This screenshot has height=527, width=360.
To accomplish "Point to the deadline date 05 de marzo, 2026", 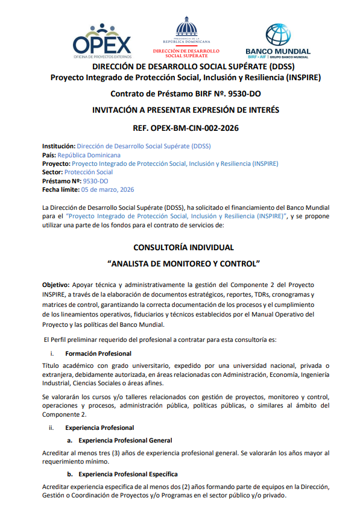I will pyautogui.click(x=107, y=189).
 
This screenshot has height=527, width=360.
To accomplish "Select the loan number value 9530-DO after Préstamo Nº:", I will pyautogui.click(x=95, y=181).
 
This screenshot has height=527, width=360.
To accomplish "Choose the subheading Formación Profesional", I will pyautogui.click(x=98, y=353).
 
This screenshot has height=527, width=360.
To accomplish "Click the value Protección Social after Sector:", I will pyautogui.click(x=88, y=172).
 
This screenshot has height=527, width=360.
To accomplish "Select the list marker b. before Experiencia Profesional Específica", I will pyautogui.click(x=71, y=474).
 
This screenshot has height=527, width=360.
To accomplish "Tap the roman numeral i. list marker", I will pyautogui.click(x=52, y=353).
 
